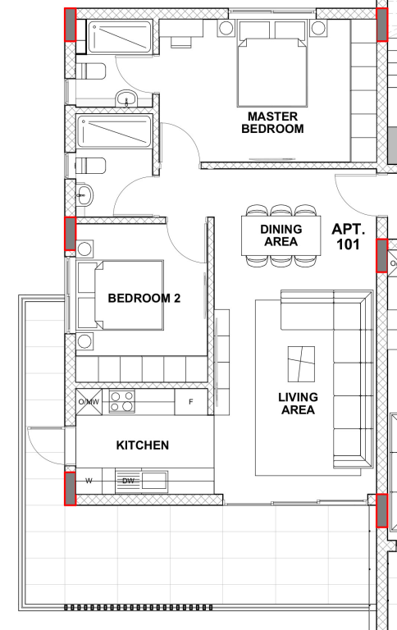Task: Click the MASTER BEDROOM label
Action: point(272,122)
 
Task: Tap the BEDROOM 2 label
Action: point(144,298)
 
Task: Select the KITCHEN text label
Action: point(143,445)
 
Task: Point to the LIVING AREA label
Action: point(298,404)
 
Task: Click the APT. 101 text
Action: point(349,236)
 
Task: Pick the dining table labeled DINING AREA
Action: point(281,235)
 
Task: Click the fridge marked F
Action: point(191,401)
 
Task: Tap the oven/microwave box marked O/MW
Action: point(89,401)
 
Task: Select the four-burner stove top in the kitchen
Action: point(121,401)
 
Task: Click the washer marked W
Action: point(89,481)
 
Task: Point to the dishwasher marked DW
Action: point(128,481)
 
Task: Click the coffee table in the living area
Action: point(301,364)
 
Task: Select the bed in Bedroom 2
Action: point(120,295)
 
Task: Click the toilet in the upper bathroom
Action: point(90,71)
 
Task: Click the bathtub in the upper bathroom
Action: point(120,37)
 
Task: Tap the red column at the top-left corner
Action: point(71,25)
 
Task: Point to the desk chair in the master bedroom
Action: point(181,42)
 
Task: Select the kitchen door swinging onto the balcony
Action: point(47,445)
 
